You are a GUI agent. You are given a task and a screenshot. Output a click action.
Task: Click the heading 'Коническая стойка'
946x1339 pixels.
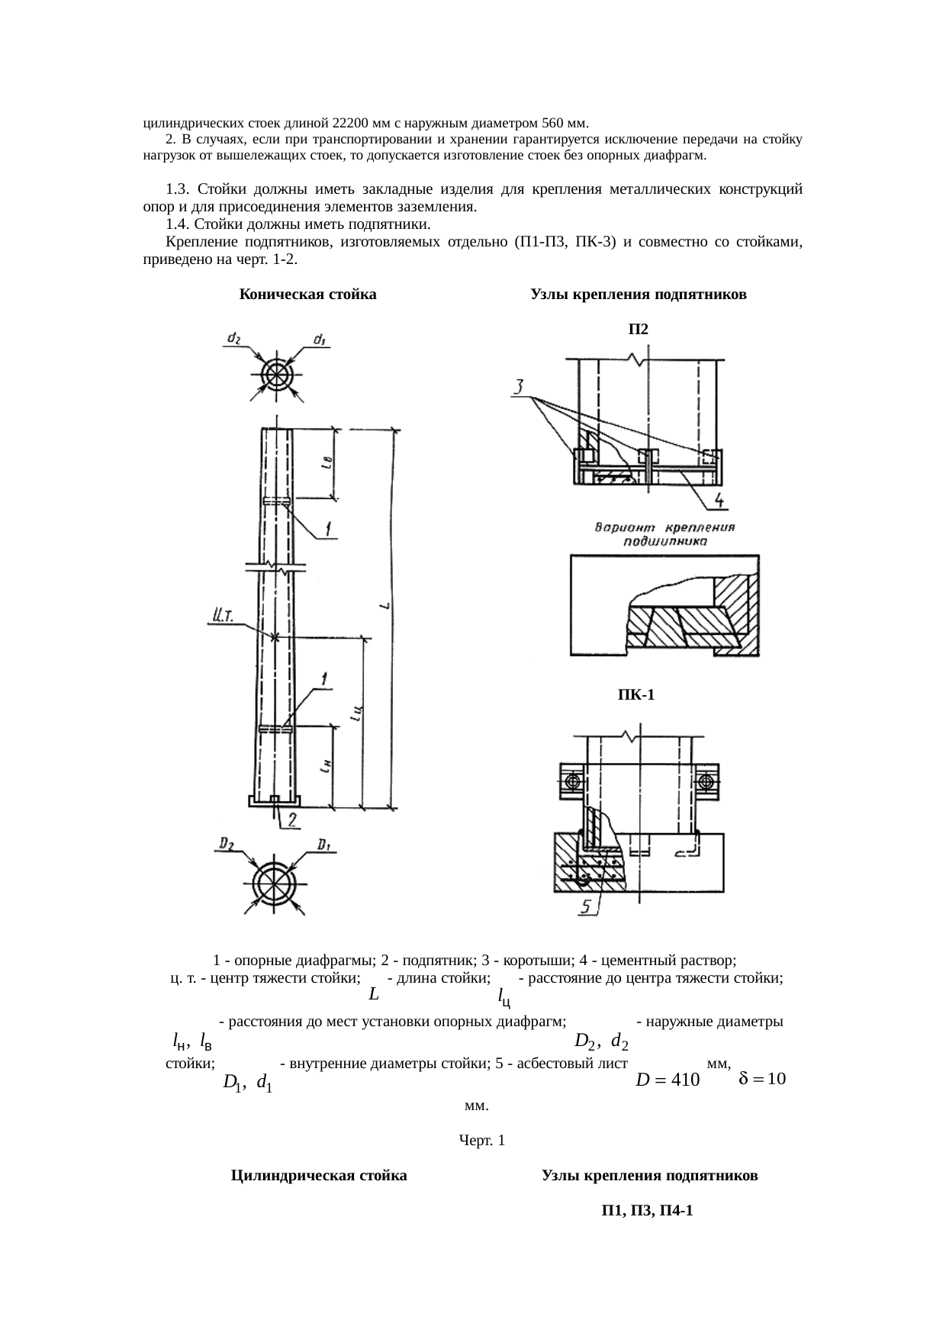[307, 295]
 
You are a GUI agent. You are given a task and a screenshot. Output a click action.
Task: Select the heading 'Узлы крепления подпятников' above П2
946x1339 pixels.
[638, 295]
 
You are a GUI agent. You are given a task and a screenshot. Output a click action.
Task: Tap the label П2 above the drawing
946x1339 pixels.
[638, 329]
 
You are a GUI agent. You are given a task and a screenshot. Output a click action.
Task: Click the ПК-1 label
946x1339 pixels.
[636, 695]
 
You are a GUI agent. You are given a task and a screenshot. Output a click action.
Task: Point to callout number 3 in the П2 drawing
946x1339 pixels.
[519, 388]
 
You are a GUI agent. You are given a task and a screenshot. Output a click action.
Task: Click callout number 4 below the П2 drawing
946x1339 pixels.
[720, 502]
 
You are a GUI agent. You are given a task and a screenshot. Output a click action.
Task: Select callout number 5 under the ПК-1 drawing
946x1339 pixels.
[587, 906]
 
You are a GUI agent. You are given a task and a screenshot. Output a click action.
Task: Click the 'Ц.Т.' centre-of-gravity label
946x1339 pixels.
[222, 615]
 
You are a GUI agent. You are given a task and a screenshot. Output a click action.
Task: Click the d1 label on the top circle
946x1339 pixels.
[320, 340]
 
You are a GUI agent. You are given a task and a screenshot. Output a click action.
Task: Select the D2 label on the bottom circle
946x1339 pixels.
[227, 844]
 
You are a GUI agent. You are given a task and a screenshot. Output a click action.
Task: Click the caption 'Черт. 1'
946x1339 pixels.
[481, 1141]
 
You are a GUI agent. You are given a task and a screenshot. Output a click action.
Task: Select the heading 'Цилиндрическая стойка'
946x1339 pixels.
[319, 1176]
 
